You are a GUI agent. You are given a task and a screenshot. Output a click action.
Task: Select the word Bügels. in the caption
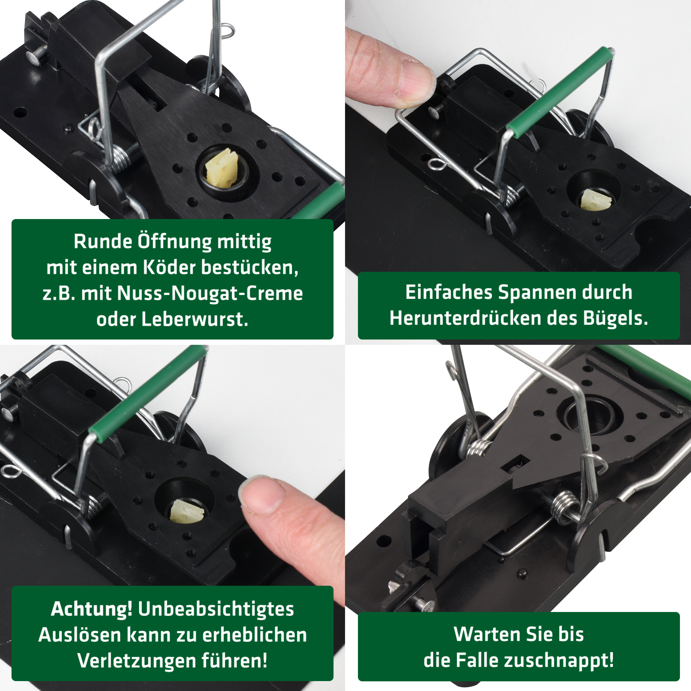click(x=615, y=318)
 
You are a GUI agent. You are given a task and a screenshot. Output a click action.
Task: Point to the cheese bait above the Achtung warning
click(x=187, y=512)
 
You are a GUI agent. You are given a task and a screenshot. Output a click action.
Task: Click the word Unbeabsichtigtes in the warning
click(x=216, y=609)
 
